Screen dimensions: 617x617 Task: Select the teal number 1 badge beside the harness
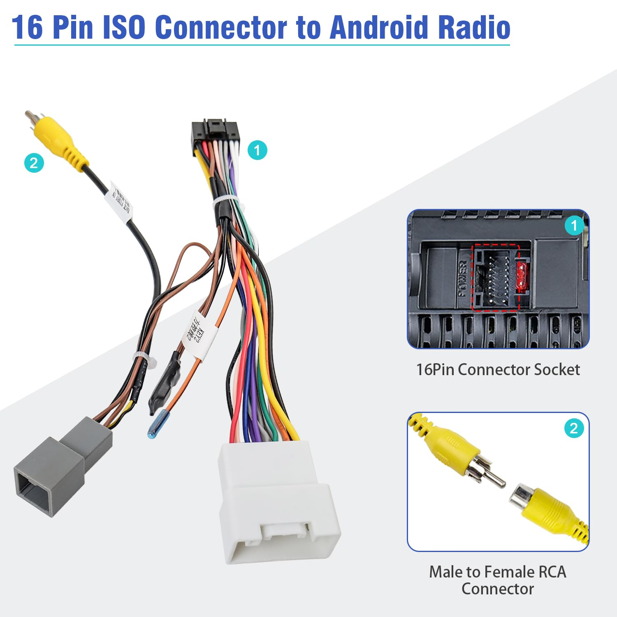click(257, 150)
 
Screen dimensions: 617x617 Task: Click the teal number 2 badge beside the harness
click(34, 163)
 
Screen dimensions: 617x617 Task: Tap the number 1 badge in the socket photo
click(574, 225)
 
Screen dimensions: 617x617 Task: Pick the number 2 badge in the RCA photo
click(574, 429)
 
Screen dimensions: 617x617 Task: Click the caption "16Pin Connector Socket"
click(498, 369)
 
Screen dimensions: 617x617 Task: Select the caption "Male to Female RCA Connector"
click(498, 580)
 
